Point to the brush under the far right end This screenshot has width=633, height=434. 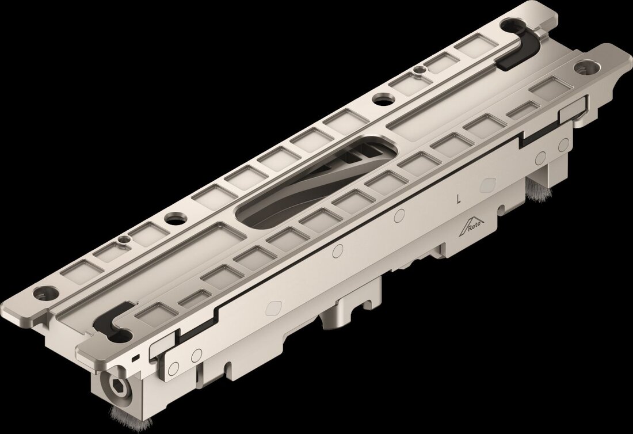535,190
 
